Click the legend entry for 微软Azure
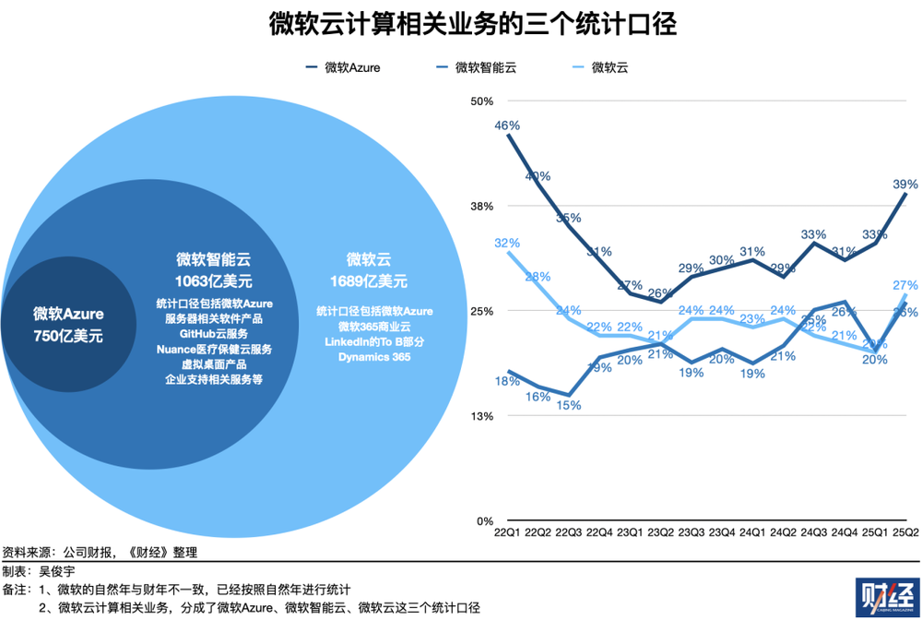pos(351,67)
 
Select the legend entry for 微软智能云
pos(485,67)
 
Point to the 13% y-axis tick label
pos(483,416)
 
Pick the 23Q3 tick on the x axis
pos(691,532)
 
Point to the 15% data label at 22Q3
pos(569,404)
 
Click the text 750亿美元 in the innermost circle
pos(68,336)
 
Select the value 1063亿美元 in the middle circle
pos(213,280)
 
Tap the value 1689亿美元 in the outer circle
pos(369,280)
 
